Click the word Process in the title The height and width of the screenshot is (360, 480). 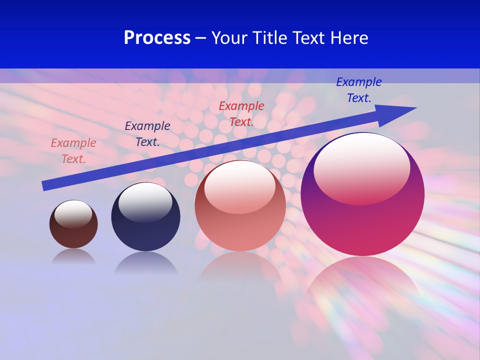157,38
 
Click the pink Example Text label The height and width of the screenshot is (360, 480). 73,151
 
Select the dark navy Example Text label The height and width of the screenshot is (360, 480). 147,134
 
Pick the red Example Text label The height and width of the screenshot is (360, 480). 241,113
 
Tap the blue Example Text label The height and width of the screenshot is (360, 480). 358,90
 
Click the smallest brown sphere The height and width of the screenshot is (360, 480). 73,235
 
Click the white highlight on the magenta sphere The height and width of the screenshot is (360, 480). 361,167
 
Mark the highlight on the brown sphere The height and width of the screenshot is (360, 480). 73,213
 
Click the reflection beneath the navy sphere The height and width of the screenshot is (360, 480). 145,263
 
